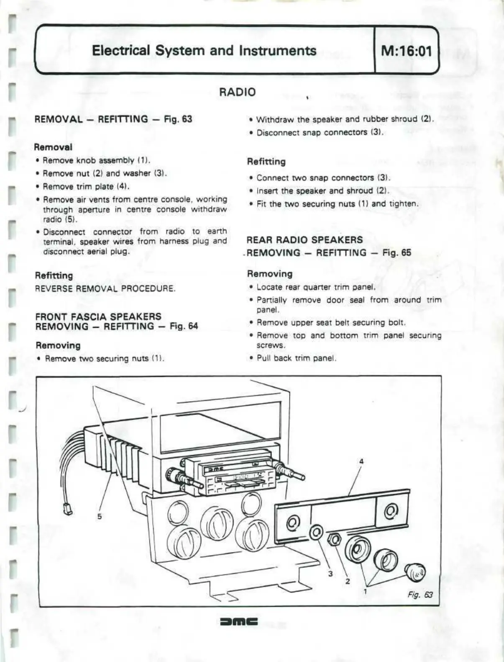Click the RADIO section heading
237,92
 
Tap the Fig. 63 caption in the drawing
420,595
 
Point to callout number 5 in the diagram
100,516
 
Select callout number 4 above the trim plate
361,461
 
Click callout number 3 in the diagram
330,573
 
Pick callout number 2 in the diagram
348,581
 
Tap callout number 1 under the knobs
365,591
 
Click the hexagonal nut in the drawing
334,539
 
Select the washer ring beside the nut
316,532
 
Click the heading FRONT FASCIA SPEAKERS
98,317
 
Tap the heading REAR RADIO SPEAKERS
304,240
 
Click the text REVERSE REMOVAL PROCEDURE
105,289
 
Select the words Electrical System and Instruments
204,51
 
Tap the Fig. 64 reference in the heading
184,327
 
